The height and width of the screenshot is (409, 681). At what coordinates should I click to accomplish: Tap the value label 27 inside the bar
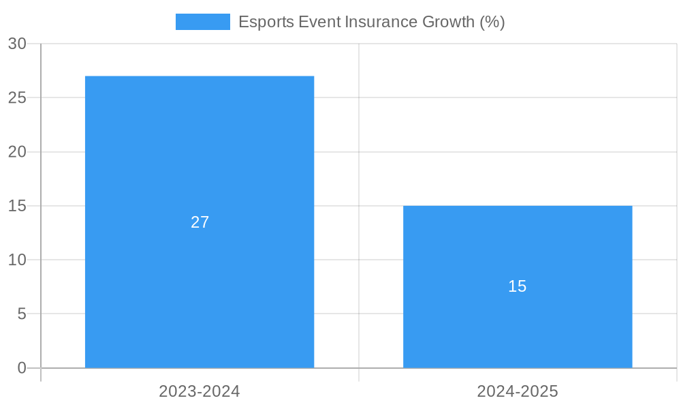click(200, 222)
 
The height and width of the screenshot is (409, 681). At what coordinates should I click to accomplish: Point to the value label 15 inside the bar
click(518, 286)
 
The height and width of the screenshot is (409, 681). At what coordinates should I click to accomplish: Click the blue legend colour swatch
click(202, 22)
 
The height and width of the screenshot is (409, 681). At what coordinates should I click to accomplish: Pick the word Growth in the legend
click(448, 22)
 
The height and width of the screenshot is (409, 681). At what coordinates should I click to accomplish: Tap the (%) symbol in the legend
click(492, 22)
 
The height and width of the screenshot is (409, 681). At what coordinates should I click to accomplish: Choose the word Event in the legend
click(320, 22)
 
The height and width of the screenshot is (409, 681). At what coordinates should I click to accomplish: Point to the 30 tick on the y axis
click(17, 44)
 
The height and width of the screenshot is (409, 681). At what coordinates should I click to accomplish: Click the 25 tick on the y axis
click(17, 97)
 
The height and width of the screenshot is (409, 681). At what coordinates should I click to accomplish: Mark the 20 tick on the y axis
click(17, 152)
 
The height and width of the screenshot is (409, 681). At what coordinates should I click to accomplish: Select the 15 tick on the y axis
click(17, 206)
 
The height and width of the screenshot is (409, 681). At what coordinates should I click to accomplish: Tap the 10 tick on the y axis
click(17, 260)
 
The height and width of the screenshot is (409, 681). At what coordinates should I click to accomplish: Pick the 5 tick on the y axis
click(22, 314)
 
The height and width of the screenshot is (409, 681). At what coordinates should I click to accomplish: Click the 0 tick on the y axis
click(22, 368)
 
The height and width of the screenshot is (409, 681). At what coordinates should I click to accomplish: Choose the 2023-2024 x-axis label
click(200, 391)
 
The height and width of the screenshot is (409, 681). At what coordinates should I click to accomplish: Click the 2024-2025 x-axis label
click(518, 391)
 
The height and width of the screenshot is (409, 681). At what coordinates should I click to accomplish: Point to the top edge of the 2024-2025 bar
click(518, 206)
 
